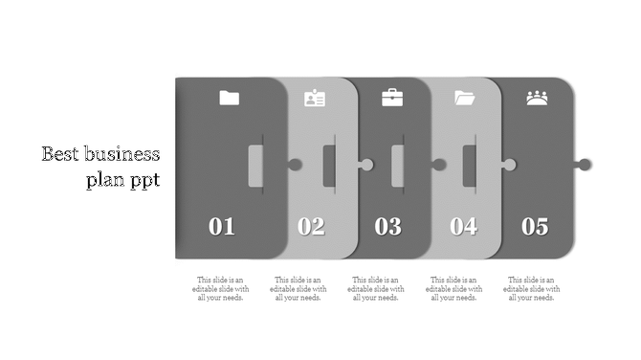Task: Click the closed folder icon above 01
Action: coord(229,98)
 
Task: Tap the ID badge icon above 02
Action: coord(315,98)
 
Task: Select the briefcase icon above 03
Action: coord(392,98)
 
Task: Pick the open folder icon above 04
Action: coord(465,98)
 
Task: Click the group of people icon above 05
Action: coord(537,98)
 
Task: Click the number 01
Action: coord(222,227)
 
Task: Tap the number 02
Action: coord(311,227)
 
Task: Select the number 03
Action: coord(387,227)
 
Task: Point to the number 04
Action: coord(464,227)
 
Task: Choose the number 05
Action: coord(535,227)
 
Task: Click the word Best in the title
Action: coord(60,155)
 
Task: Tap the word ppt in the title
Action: coord(143,180)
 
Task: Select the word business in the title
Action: coord(122,155)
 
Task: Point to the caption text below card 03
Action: coord(376,288)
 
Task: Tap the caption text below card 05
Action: coord(532,288)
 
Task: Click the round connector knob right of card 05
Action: coord(585,165)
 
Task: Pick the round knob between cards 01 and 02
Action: coord(296,165)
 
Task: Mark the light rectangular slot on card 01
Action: coord(255,166)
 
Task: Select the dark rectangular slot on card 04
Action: coord(470,166)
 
